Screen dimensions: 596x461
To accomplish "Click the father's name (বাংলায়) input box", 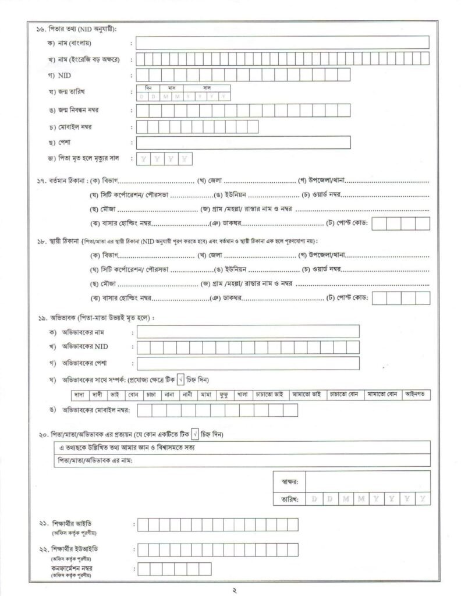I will (x=282, y=42).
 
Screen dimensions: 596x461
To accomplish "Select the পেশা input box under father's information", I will (x=243, y=143).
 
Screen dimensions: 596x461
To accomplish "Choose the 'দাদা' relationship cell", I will (x=79, y=395).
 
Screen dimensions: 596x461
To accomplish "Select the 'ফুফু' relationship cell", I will (x=224, y=395).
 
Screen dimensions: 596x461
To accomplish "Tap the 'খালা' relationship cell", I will (x=242, y=395).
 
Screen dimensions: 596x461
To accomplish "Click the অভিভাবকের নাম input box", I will (x=247, y=332).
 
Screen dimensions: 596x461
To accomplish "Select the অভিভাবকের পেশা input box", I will (x=247, y=364).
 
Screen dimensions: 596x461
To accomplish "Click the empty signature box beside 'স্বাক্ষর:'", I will (x=367, y=481).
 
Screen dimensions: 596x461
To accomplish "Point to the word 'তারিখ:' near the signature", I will (x=289, y=499).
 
